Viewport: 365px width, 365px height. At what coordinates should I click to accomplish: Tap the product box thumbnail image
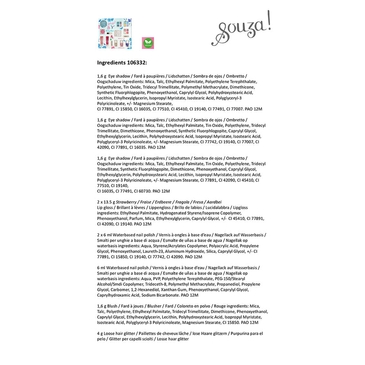click(x=115, y=34)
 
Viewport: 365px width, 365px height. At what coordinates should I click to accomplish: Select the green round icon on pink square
click(x=148, y=43)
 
